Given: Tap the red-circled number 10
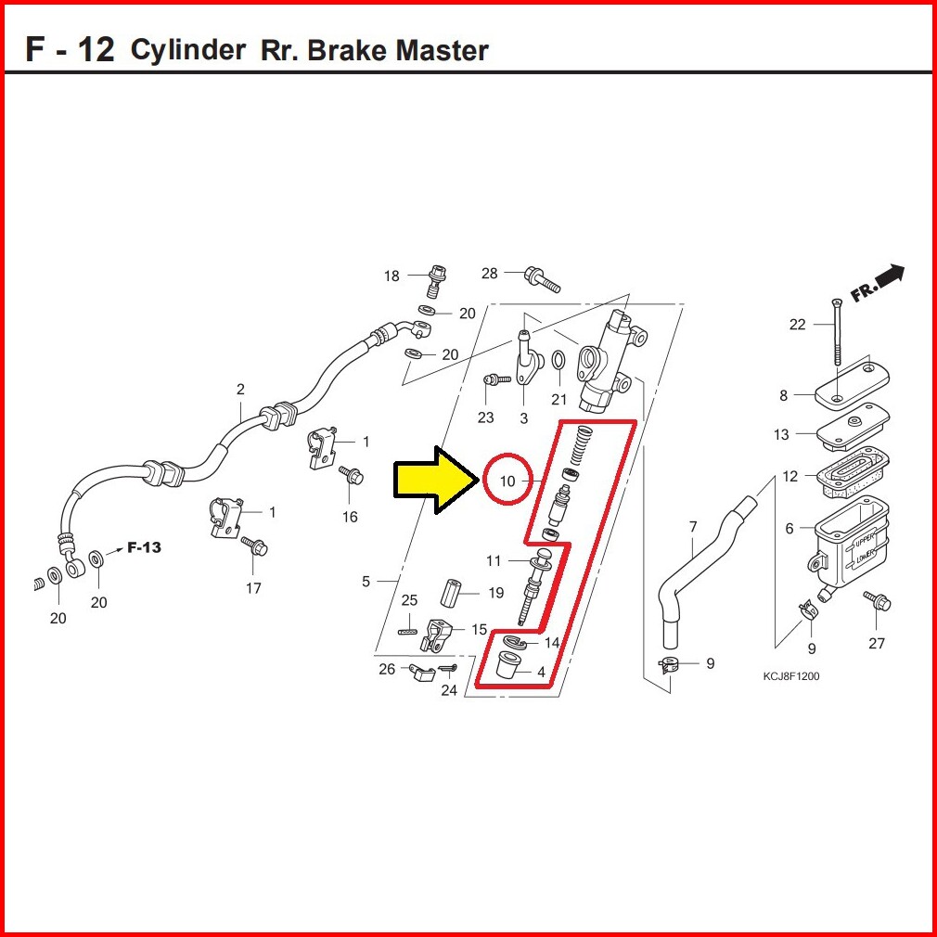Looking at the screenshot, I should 507,481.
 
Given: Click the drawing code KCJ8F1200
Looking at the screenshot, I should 791,676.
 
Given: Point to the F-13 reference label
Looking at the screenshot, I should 144,547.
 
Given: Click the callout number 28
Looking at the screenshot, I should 490,274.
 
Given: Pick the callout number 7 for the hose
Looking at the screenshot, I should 693,528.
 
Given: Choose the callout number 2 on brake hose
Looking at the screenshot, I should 240,389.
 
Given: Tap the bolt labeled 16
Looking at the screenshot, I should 353,478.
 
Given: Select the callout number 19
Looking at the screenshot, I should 496,593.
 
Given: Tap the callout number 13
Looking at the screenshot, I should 781,434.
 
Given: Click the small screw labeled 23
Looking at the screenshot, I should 493,379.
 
